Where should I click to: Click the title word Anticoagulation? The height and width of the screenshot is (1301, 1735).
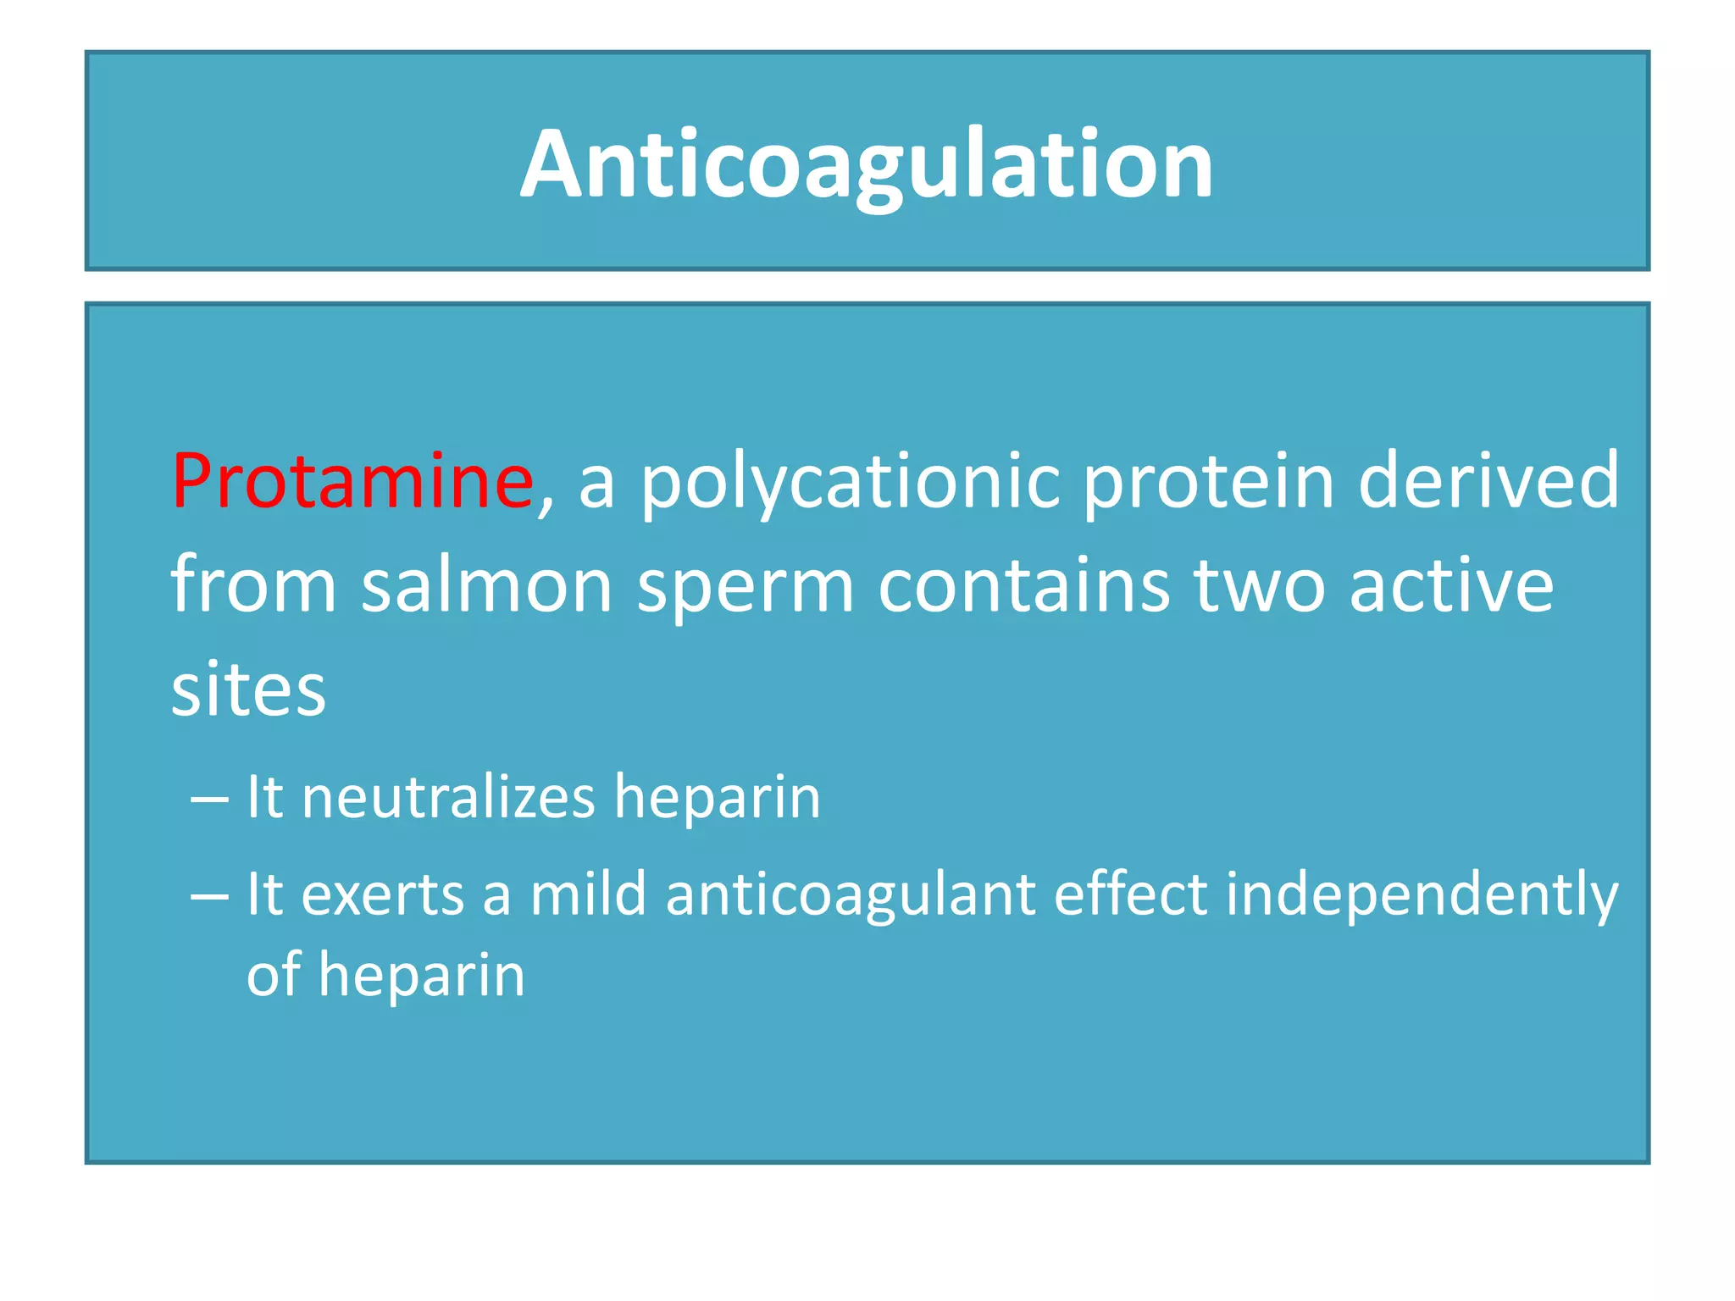[x=867, y=164]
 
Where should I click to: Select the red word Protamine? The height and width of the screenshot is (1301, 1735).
[x=352, y=481]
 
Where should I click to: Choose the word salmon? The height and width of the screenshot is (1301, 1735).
[x=487, y=586]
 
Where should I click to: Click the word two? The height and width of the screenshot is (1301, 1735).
[x=1260, y=586]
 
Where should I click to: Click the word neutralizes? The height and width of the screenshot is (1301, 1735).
[x=449, y=797]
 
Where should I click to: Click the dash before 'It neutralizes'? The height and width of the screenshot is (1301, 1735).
[x=209, y=799]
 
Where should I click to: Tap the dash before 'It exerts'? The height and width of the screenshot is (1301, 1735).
[x=209, y=895]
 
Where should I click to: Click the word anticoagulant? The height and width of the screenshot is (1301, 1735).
[x=851, y=896]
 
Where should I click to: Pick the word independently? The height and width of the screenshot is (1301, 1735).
[x=1422, y=896]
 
